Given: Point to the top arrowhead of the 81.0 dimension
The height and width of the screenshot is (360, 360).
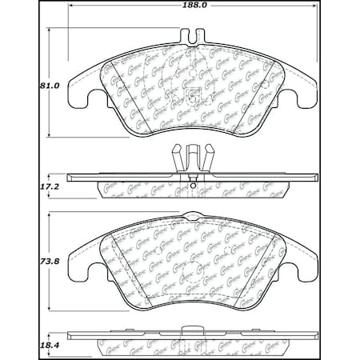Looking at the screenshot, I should click(x=52, y=30).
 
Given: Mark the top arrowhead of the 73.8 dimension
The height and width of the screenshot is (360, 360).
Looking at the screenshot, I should click(x=52, y=214).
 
